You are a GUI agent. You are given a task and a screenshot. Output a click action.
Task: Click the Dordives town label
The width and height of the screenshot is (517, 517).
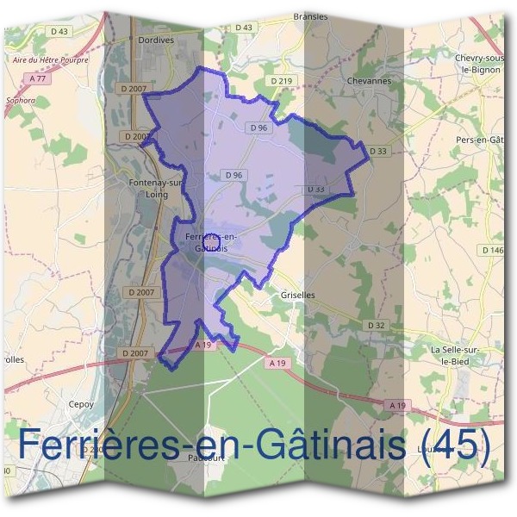click(156, 39)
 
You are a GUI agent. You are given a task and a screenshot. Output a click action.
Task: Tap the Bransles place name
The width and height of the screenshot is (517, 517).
click(311, 16)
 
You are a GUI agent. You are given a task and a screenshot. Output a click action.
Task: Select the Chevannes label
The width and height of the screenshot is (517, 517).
click(369, 81)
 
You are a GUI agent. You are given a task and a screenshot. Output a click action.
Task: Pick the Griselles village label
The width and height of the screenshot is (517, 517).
click(298, 295)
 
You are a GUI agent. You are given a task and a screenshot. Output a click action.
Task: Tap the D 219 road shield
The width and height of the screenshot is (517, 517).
click(282, 81)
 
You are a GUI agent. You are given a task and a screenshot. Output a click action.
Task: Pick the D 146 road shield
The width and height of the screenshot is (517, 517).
click(494, 250)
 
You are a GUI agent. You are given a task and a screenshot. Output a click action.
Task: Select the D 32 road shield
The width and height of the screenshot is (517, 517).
click(376, 325)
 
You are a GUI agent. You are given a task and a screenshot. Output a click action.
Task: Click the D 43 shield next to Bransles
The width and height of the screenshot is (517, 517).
click(244, 28)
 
